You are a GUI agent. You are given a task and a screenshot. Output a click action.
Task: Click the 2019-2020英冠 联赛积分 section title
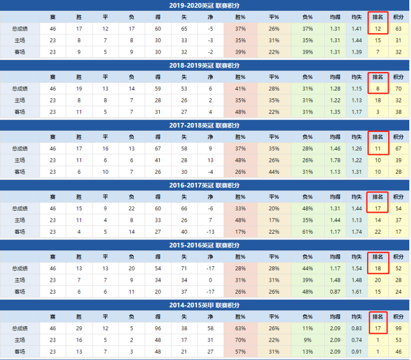pyautogui.click(x=205, y=6)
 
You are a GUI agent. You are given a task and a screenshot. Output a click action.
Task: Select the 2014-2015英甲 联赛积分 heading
pyautogui.click(x=205, y=305)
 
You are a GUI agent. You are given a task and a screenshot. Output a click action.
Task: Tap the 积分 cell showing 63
pyautogui.click(x=398, y=29)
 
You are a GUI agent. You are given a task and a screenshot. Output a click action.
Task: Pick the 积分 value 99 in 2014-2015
pyautogui.click(x=398, y=328)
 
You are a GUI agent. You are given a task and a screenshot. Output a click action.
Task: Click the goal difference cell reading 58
pyautogui.click(x=211, y=328)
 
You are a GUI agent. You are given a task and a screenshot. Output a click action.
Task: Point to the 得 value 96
pyautogui.click(x=158, y=328)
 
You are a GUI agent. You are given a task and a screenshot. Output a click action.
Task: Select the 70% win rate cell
pyautogui.click(x=240, y=340)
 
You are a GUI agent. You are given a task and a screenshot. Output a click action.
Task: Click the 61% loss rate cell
pyautogui.click(x=308, y=232)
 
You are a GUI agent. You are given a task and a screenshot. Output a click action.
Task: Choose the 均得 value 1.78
pyautogui.click(x=335, y=160)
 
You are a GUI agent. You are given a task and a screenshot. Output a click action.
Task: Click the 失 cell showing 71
pyautogui.click(x=184, y=268)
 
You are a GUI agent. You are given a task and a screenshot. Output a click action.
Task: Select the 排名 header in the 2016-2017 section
pyautogui.click(x=378, y=196)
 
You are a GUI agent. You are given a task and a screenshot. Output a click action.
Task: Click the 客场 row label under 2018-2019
pyautogui.click(x=20, y=112)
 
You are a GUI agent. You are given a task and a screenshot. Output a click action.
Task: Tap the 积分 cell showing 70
pyautogui.click(x=398, y=89)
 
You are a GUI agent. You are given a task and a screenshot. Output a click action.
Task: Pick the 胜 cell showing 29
pyautogui.click(x=79, y=328)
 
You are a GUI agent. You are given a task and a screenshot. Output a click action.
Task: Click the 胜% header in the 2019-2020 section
pyautogui.click(x=240, y=17)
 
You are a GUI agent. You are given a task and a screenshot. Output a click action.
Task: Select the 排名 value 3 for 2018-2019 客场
pyautogui.click(x=378, y=112)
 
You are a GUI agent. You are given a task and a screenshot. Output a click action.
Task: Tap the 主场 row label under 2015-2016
pyautogui.click(x=20, y=280)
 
